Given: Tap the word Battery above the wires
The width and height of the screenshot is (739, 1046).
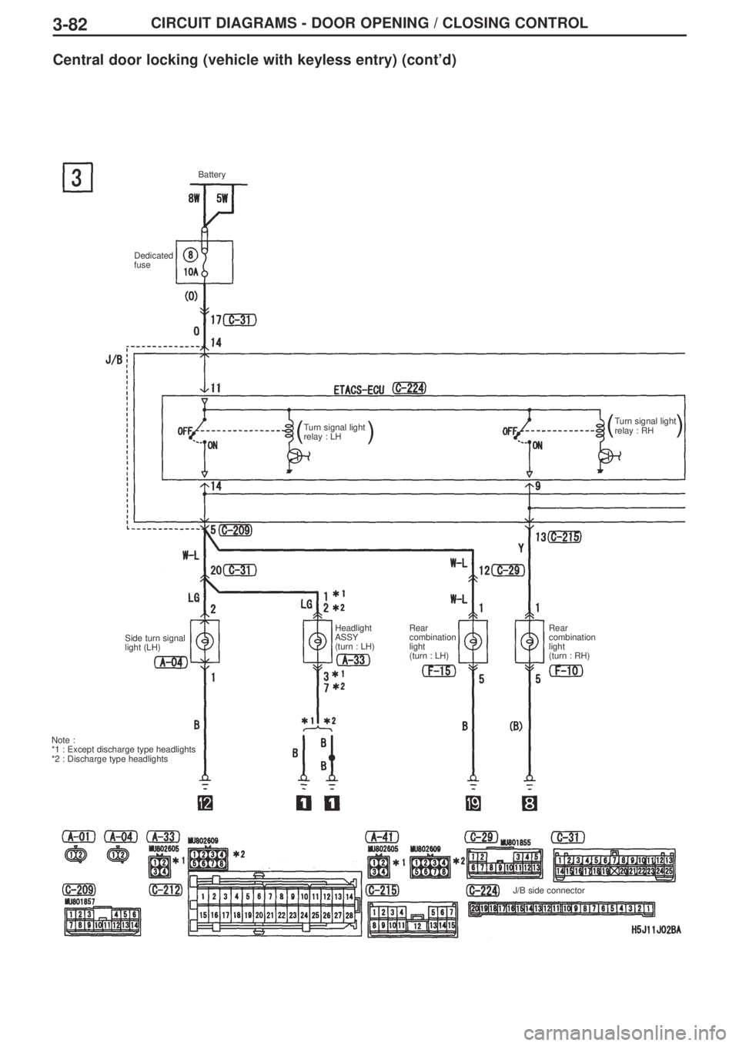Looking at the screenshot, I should (212, 176).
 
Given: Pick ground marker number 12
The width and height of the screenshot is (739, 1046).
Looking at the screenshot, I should (204, 803).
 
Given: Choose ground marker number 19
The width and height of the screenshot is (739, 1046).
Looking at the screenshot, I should (473, 803).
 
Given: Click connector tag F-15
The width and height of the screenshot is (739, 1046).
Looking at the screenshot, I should (439, 671).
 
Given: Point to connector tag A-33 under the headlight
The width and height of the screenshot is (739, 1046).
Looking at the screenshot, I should (353, 660).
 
